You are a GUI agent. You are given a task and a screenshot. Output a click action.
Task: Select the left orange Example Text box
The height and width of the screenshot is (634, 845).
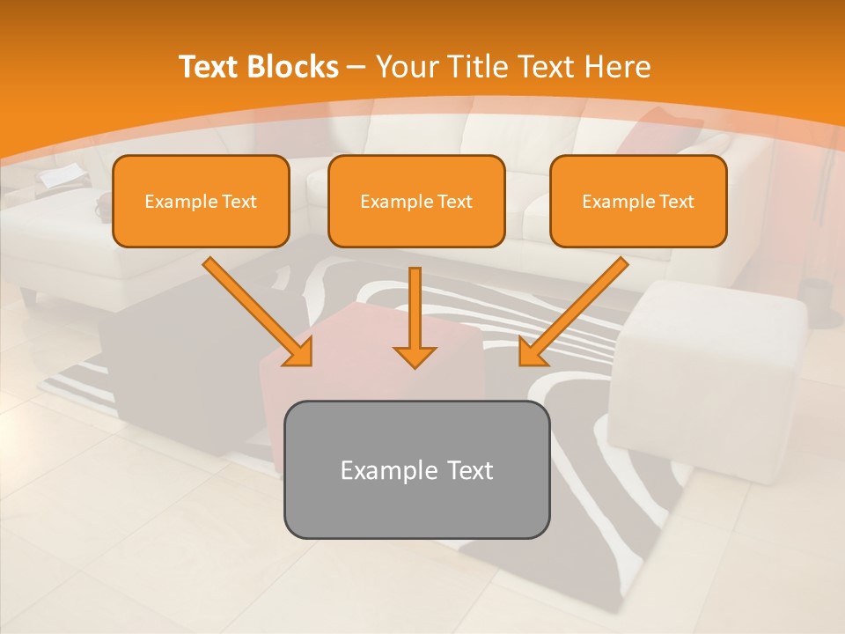[201, 202]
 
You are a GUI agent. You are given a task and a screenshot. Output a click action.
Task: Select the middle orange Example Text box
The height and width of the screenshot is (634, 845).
[416, 202]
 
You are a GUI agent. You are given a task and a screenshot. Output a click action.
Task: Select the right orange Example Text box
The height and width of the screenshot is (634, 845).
[638, 202]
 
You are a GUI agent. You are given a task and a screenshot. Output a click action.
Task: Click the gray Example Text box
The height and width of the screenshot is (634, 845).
[416, 469]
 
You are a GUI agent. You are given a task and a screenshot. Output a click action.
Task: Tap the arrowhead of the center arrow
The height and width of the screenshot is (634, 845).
[415, 358]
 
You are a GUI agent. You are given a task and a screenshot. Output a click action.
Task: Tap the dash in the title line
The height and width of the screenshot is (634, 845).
[356, 67]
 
